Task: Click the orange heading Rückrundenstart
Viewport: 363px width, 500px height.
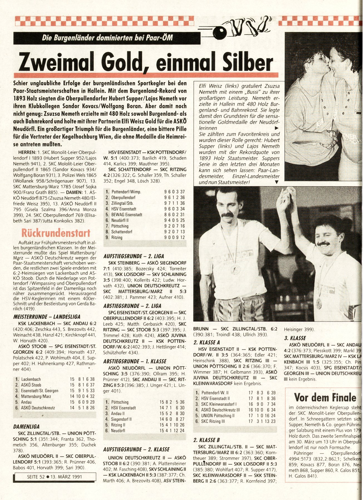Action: click(x=54, y=233)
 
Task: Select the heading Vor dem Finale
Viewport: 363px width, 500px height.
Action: click(x=325, y=397)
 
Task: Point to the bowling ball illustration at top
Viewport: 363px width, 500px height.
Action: click(x=220, y=34)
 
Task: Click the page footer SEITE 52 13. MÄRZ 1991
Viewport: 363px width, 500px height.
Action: click(x=54, y=477)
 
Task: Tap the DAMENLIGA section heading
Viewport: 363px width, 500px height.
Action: click(x=26, y=426)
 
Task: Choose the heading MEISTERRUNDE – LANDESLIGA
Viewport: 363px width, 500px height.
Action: click(x=47, y=317)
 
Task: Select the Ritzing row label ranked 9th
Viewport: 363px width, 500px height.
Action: click(x=117, y=237)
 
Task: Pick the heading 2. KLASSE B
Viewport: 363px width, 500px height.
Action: click(x=206, y=440)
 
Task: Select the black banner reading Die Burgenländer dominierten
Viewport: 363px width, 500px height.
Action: click(x=107, y=38)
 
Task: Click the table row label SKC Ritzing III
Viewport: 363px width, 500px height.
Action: click(x=213, y=421)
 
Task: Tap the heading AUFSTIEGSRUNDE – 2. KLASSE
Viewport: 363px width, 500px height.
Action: click(x=136, y=449)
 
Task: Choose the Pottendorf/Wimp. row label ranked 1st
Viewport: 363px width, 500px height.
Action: click(x=126, y=192)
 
